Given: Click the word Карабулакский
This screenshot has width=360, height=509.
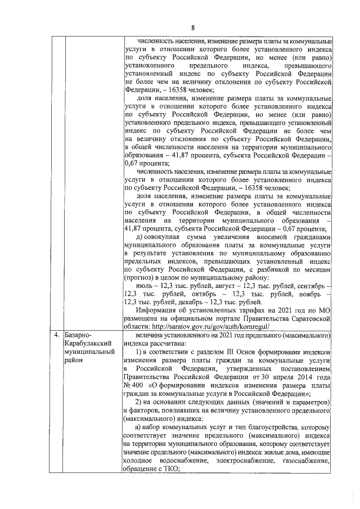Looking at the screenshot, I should (90, 343).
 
